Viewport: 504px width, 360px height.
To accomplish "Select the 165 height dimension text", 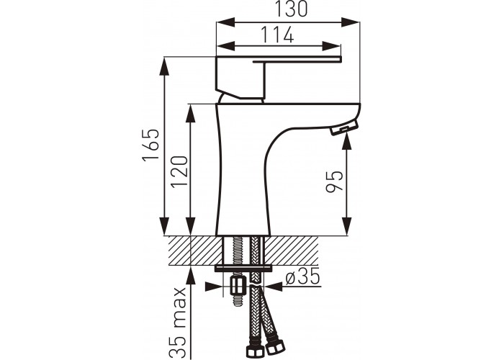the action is pos(151,145).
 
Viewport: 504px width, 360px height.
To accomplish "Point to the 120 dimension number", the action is pos(179,172).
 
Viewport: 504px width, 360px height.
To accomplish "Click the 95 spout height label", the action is pos(335,181).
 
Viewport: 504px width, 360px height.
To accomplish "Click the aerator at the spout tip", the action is pos(344,127).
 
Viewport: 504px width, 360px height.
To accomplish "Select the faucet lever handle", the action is pos(278,77).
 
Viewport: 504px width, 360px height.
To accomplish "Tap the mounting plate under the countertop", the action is pos(243,268).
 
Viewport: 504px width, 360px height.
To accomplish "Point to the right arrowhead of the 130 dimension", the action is pos(350,22).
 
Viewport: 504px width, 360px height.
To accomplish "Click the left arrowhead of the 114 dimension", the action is pos(225,45).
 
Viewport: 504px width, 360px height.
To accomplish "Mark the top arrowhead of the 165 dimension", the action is pos(164,66).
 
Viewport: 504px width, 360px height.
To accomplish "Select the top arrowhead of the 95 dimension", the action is pos(346,143).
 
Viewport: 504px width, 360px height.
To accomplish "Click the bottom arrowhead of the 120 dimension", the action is pos(191,226).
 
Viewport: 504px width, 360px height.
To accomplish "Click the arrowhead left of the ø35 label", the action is pos(214,287).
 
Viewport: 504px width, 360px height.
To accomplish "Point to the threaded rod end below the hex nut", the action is pos(237,300).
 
